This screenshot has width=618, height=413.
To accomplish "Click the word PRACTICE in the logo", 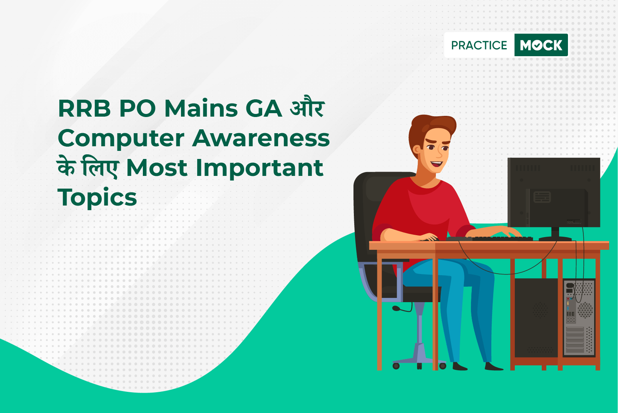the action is coord(479,45).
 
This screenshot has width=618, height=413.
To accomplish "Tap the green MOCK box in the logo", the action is coord(541,45).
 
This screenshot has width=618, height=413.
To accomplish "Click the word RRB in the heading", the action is coord(84,109).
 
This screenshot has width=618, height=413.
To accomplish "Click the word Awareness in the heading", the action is coord(261,138).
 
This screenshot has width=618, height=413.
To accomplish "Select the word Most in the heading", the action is coord(157,168).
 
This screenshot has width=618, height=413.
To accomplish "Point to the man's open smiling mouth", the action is coord(437,164).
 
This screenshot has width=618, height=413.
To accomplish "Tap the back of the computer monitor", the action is coord(554,192).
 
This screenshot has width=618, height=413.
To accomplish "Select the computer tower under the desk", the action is coord(554,318).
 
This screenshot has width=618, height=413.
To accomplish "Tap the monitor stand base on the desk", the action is coord(555,239).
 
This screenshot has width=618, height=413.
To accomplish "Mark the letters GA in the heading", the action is coord(263,109).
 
